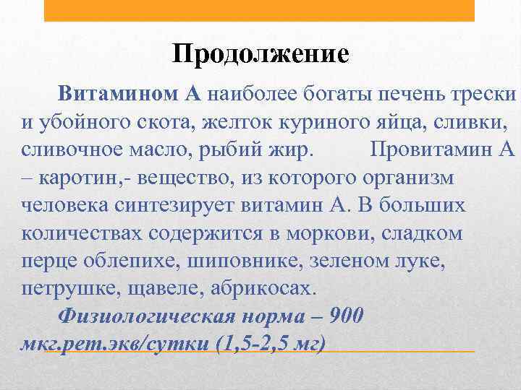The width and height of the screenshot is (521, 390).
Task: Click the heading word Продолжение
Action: point(261,54)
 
